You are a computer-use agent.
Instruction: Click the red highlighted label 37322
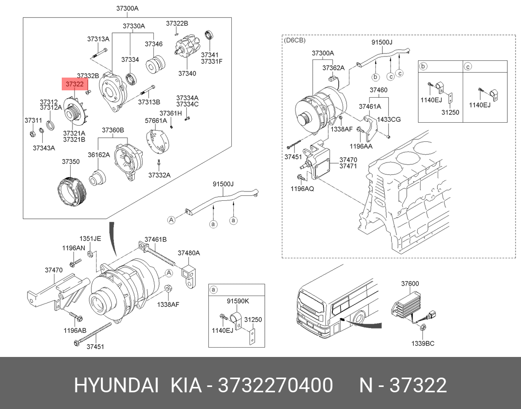74,84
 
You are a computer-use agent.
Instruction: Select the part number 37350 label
71,162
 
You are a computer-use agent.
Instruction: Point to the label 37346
153,44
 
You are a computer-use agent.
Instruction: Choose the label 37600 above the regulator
410,283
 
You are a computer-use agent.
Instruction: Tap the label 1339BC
422,343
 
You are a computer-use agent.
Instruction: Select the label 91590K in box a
238,301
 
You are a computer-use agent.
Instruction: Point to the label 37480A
189,253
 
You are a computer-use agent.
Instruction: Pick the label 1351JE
90,239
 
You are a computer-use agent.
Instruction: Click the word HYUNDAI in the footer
116,385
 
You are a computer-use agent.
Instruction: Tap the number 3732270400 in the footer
275,385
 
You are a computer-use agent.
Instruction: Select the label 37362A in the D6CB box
334,68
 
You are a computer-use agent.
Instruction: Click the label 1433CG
389,119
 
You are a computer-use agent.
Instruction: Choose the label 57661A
156,120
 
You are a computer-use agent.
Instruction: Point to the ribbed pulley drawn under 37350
72,191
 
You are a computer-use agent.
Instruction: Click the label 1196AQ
302,189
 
